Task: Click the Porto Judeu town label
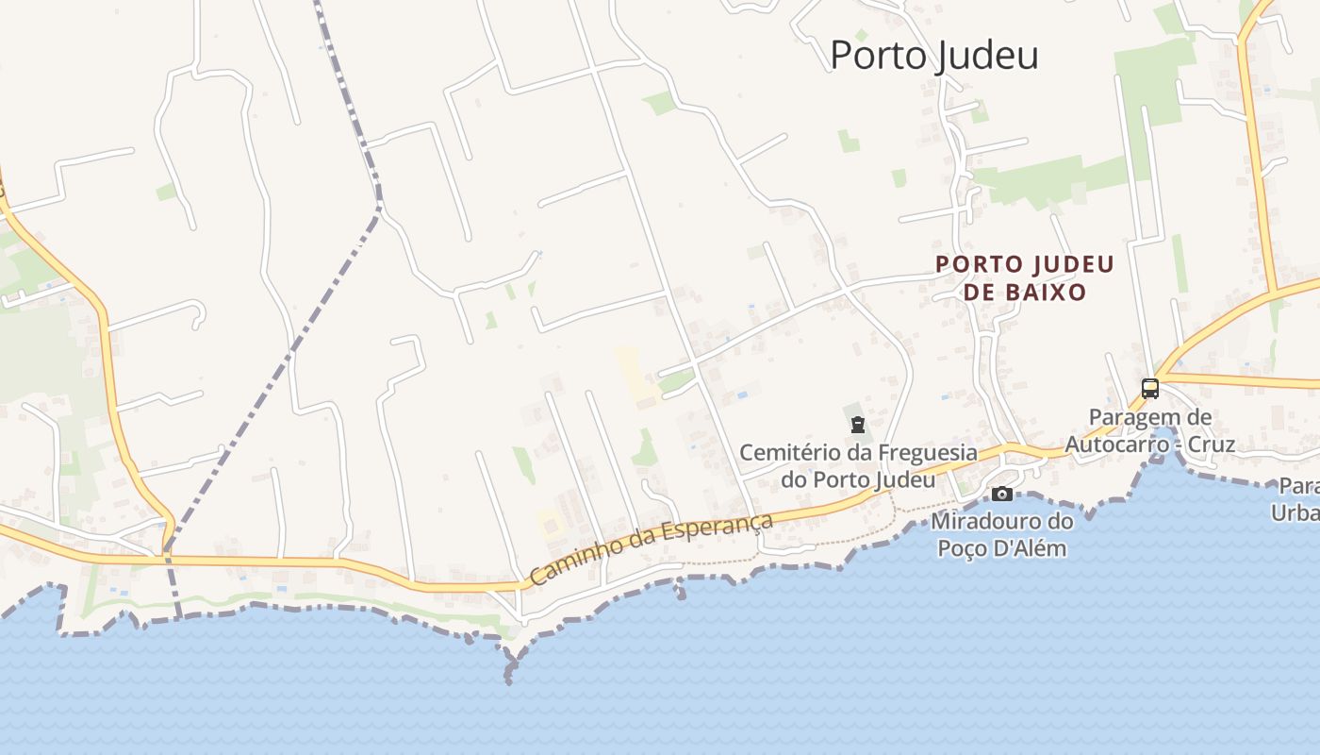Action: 933,55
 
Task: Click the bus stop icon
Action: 1150,388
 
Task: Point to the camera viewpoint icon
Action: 1002,494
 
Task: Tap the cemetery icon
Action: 857,426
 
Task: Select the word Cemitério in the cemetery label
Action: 785,453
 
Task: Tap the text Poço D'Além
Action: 1002,547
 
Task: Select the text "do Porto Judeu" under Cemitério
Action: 857,479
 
